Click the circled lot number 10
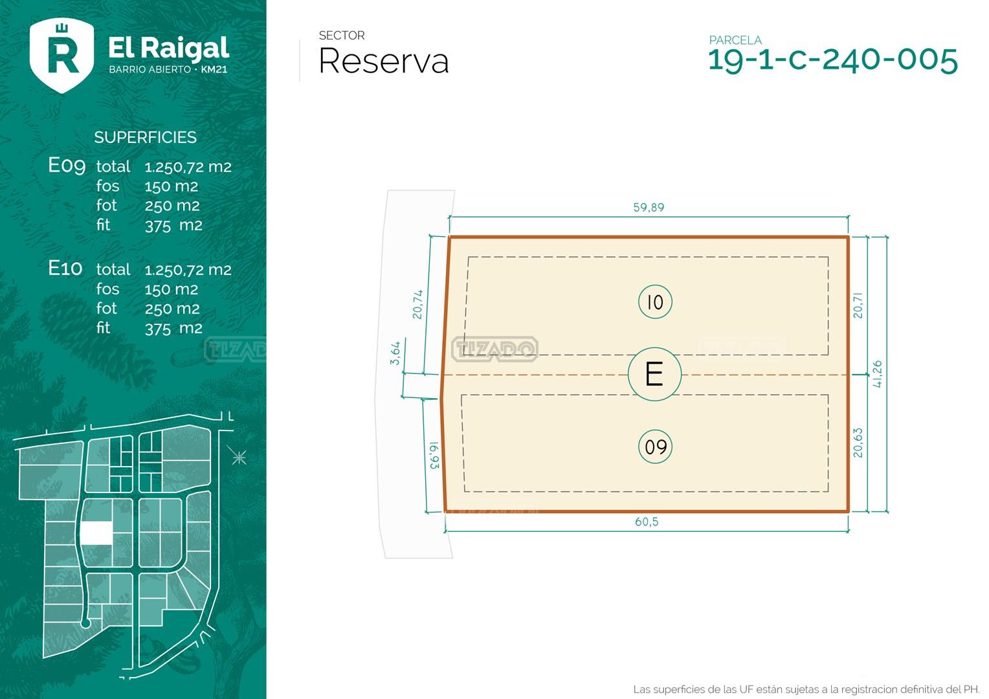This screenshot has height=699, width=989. click(x=655, y=302)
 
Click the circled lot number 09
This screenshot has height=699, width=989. click(x=655, y=447)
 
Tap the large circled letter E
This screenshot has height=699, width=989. click(x=654, y=374)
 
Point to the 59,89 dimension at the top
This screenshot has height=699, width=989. click(x=649, y=207)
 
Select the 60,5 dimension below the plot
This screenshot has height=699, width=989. click(x=647, y=522)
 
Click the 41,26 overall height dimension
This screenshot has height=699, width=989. click(x=877, y=374)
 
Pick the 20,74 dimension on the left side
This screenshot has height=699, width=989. click(x=417, y=304)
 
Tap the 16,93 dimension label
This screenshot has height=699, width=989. click(x=434, y=455)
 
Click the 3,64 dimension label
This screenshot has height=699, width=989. click(x=395, y=353)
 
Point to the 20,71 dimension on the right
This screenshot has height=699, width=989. click(x=858, y=305)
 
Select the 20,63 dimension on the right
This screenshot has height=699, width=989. click(x=858, y=443)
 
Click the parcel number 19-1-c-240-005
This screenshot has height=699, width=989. click(x=833, y=60)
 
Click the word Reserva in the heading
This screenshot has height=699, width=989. click(x=383, y=61)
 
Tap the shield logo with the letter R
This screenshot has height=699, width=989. click(x=62, y=55)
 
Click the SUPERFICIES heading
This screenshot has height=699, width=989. click(x=145, y=137)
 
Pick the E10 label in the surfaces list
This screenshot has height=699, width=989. click(x=65, y=268)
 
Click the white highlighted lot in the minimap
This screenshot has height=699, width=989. click(x=96, y=533)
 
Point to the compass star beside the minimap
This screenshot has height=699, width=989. click(x=239, y=458)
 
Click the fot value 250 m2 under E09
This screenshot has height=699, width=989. click(x=172, y=206)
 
